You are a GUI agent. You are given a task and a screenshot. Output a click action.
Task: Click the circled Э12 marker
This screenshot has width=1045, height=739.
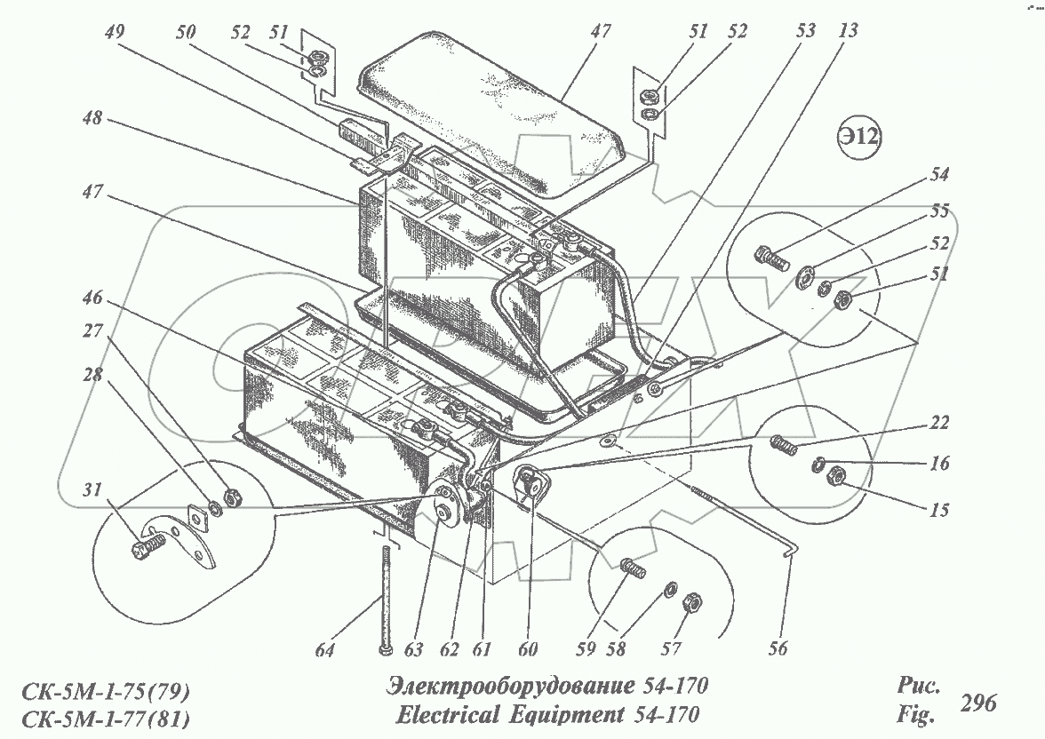click(860, 139)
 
